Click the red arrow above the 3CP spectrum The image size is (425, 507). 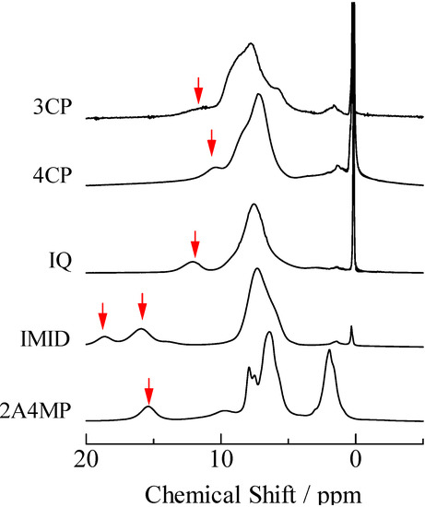[198, 90]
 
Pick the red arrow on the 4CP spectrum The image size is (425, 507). [212, 142]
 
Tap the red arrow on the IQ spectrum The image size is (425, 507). [195, 244]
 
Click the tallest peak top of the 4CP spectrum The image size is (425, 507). [260, 95]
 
